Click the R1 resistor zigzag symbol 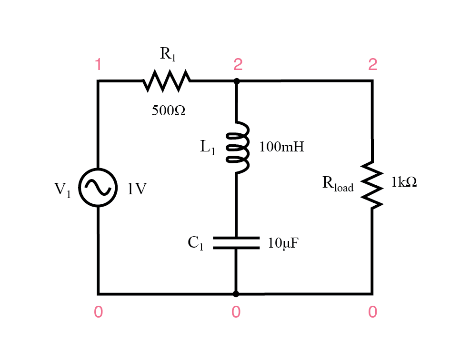tap(167, 81)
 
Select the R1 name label tap(168, 54)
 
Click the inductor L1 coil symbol tap(237, 148)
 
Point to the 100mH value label tap(281, 147)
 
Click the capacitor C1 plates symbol tap(236, 243)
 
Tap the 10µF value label tap(283, 244)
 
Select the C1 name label tap(196, 243)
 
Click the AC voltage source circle tap(98, 188)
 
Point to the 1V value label tap(137, 189)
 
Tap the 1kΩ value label tap(404, 182)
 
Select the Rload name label tap(338, 184)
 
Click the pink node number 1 tap(98, 64)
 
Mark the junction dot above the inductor tap(237, 81)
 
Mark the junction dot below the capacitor tap(236, 294)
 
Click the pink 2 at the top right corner tap(372, 64)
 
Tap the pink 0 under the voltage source tap(98, 312)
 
